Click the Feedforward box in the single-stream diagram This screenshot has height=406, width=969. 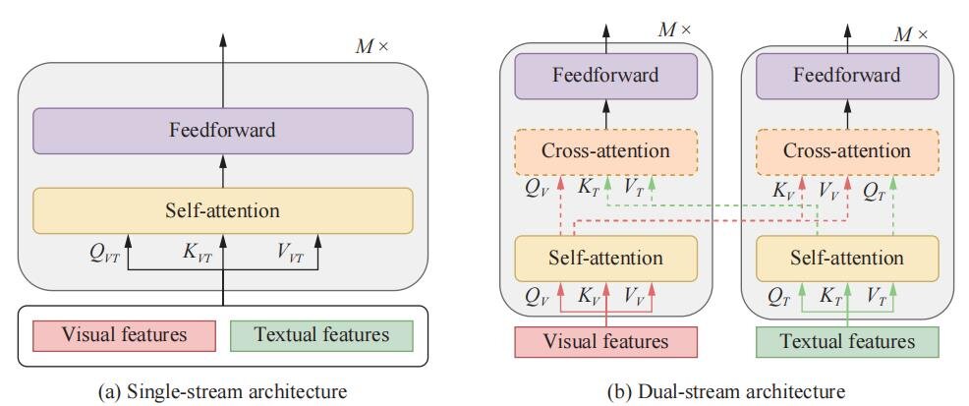(x=222, y=130)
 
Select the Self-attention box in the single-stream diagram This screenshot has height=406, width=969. (x=222, y=210)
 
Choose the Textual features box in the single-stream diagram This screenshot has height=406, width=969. (x=320, y=335)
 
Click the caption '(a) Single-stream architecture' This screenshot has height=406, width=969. (x=222, y=391)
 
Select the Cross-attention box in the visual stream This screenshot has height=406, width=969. (x=605, y=151)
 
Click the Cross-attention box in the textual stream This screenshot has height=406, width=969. (x=846, y=151)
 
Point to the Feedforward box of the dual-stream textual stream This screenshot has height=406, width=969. (x=846, y=76)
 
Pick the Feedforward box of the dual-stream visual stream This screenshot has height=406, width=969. (x=605, y=76)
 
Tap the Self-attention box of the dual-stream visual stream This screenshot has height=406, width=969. (x=605, y=258)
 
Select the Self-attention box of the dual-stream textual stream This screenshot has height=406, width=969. (x=846, y=258)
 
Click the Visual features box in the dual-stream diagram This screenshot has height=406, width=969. (x=605, y=342)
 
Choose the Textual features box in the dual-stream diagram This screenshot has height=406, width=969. (x=846, y=342)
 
